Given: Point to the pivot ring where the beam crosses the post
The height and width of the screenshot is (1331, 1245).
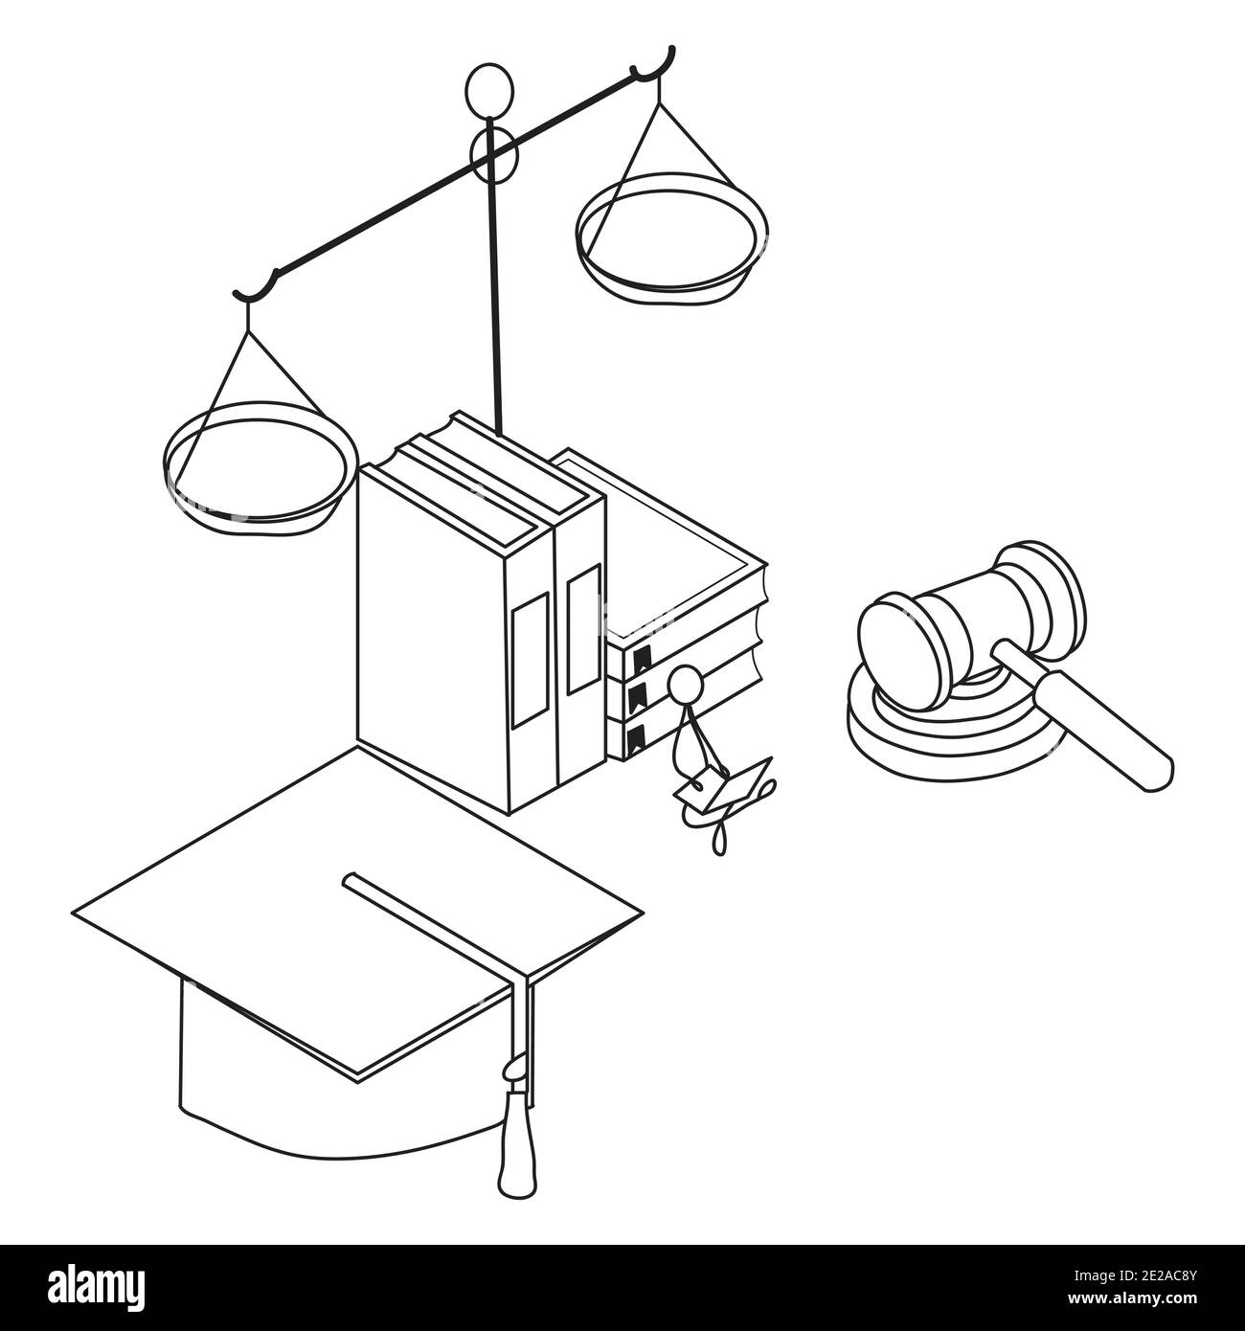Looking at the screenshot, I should tap(492, 154).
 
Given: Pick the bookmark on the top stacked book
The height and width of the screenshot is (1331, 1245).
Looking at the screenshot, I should tap(642, 659).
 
